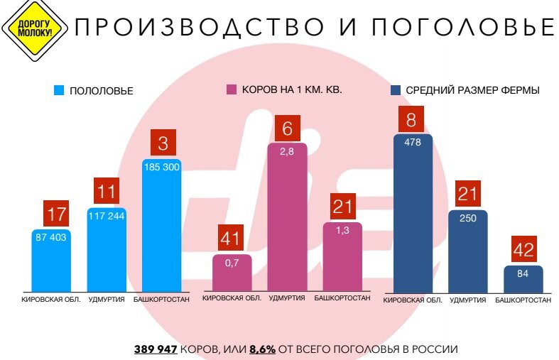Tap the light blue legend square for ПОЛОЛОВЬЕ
[x=59, y=91]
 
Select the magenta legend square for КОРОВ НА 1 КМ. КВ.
[x=231, y=90]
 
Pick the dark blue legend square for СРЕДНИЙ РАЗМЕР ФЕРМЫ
[x=395, y=90]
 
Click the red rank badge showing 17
[x=56, y=213]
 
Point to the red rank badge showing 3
[x=163, y=143]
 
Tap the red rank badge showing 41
[x=232, y=238]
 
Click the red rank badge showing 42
[x=524, y=250]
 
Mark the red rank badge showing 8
[x=411, y=119]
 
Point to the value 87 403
[x=51, y=237]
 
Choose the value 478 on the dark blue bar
[x=412, y=143]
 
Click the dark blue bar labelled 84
[x=523, y=278]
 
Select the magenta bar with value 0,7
[x=232, y=273]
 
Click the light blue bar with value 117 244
[x=107, y=252]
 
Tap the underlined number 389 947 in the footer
[x=156, y=349]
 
